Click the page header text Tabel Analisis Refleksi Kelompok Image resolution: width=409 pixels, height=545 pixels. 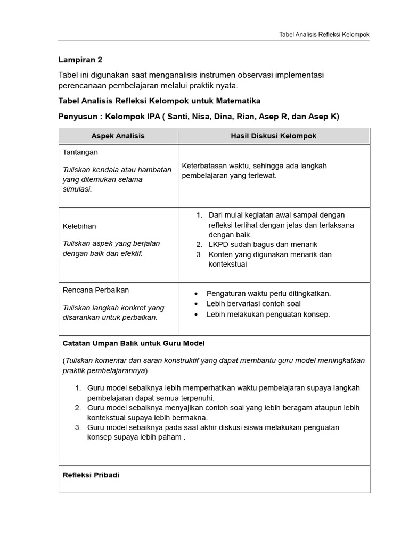click(324, 35)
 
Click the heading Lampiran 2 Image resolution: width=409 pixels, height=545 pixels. click(80, 60)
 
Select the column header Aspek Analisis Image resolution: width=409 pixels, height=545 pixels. click(118, 136)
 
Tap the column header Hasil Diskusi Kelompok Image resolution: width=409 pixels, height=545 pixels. click(273, 136)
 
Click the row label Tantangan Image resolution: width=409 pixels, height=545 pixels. click(80, 152)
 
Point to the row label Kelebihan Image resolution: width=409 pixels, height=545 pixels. click(79, 226)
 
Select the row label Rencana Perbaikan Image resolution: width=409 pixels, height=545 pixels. click(96, 290)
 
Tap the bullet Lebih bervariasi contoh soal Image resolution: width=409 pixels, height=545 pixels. click(253, 304)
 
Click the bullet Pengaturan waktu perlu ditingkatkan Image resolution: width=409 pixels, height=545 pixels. click(268, 293)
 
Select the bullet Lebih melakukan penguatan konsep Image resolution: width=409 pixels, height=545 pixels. click(268, 314)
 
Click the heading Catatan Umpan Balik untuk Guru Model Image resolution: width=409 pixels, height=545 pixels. click(134, 343)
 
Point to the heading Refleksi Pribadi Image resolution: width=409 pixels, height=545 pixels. click(91, 475)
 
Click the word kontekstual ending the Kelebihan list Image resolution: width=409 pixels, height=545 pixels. click(227, 264)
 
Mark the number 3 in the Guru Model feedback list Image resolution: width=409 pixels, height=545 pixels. click(78, 427)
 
